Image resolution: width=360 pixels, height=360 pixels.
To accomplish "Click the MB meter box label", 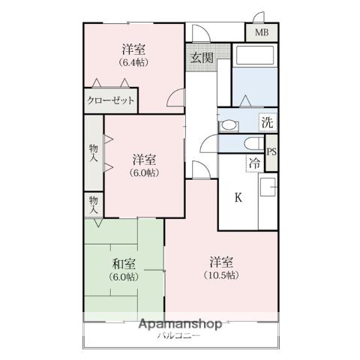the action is click(262, 32).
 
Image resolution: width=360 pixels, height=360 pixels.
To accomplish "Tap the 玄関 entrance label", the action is click(202, 58).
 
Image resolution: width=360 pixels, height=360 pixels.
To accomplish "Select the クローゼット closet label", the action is click(111, 100).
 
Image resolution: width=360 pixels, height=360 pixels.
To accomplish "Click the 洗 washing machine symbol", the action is click(268, 122).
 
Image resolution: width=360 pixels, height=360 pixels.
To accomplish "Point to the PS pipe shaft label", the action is click(271, 152).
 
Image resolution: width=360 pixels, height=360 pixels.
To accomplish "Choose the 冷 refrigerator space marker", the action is click(255, 163).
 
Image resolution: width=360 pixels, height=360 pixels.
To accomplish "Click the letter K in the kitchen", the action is click(238, 198).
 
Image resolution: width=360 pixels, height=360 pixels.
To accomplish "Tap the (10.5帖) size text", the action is click(221, 275).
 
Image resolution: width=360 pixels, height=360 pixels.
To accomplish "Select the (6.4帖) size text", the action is click(133, 62).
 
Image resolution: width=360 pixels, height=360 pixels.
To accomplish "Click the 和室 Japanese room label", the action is click(124, 264).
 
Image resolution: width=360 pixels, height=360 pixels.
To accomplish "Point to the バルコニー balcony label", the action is click(178, 335).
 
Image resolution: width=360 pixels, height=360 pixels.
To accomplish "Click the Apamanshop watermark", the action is click(180, 324).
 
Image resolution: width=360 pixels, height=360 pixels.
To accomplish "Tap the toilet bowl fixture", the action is click(254, 144).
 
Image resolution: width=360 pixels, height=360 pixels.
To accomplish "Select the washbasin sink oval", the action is click(229, 126).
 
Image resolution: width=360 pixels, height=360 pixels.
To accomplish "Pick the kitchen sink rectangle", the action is click(268, 187).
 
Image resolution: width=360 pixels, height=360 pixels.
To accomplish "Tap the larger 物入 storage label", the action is click(94, 153).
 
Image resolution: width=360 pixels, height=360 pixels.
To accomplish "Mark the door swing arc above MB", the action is click(258, 17).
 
